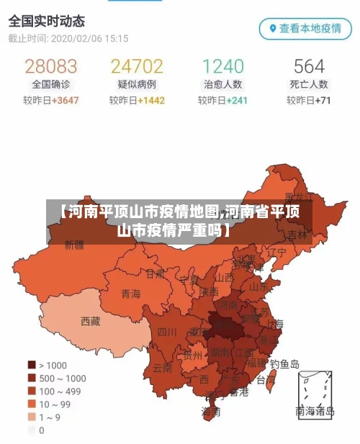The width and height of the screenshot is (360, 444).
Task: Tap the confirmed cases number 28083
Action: pyautogui.click(x=50, y=66)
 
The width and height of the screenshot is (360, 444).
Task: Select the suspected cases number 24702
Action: pyautogui.click(x=137, y=66)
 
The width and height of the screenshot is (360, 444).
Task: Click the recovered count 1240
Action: pyautogui.click(x=222, y=66)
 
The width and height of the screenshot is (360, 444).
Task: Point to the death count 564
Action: pyautogui.click(x=309, y=66)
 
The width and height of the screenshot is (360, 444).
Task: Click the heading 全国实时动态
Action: pyautogui.click(x=46, y=21)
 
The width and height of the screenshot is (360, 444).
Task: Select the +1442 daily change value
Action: pyautogui.click(x=151, y=101)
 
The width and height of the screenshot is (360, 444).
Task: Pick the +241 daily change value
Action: pyautogui.click(x=237, y=101)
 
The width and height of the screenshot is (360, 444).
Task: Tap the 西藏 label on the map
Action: pyautogui.click(x=91, y=321)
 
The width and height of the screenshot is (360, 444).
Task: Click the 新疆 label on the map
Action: pyautogui.click(x=74, y=245)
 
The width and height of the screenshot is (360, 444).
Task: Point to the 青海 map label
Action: pyautogui.click(x=130, y=293)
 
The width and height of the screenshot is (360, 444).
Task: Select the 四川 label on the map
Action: pyautogui.click(x=167, y=332)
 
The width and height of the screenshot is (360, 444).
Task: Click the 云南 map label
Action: pyautogui.click(x=162, y=366)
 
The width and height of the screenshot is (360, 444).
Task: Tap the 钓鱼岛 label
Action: pyautogui.click(x=284, y=364)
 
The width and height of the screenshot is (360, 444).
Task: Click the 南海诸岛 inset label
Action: pyautogui.click(x=315, y=412)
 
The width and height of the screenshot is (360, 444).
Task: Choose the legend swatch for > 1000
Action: pyautogui.click(x=32, y=365)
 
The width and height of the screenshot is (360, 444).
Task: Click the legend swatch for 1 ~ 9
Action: pyautogui.click(x=32, y=417)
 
